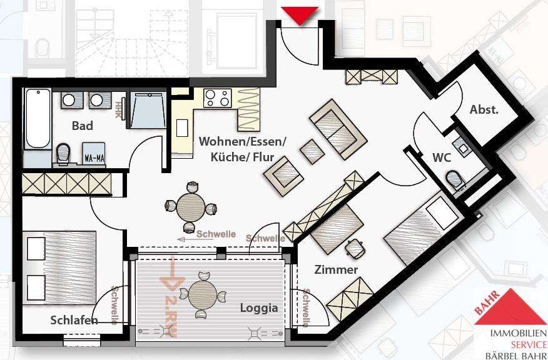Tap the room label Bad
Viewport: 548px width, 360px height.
[82, 126]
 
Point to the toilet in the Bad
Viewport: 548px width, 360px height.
[63, 152]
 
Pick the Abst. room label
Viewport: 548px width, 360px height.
[484, 110]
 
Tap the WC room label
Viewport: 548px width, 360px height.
[442, 157]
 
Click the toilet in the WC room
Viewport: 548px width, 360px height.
[455, 179]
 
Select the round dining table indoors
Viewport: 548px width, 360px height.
[190, 207]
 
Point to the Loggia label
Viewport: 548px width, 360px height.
[258, 307]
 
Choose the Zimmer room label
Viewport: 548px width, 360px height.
[336, 270]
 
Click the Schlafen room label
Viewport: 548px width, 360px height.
[74, 320]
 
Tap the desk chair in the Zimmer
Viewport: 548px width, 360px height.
[356, 249]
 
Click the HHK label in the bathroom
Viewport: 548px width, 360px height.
[118, 110]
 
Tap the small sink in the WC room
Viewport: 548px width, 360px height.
[462, 147]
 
